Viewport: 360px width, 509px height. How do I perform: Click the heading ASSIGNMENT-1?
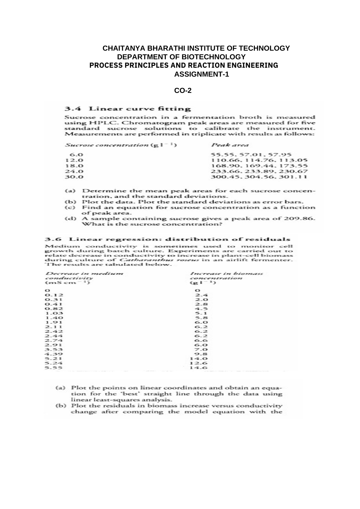[201, 75]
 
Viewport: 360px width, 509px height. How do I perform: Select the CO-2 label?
[183, 91]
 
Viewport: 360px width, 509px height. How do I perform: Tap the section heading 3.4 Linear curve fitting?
[128, 109]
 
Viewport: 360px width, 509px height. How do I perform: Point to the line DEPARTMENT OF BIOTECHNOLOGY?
[181, 56]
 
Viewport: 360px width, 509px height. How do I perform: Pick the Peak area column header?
[230, 145]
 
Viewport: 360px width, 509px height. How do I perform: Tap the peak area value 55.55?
[220, 154]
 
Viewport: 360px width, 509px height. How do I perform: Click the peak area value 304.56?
[259, 177]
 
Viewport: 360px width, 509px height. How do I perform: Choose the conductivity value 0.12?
[54, 295]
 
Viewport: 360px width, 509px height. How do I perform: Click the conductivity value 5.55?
[54, 368]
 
